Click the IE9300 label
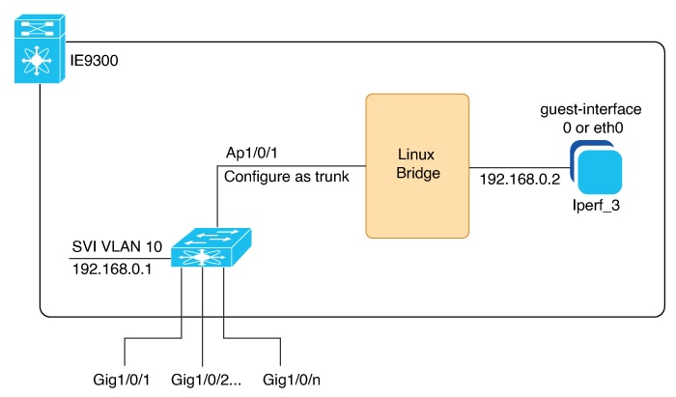94,60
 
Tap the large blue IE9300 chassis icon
40,49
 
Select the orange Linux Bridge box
417,166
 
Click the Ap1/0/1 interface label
252,153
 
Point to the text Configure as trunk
287,177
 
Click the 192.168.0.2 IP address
520,179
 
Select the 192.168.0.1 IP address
112,269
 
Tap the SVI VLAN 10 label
117,246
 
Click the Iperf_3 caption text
596,205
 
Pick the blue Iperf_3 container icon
596,168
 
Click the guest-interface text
591,109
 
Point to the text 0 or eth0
593,128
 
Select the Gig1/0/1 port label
122,380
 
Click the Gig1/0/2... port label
206,380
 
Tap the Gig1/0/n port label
292,380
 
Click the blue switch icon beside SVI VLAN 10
211,247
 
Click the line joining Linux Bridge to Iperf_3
520,168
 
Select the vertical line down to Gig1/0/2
202,317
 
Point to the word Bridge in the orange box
418,173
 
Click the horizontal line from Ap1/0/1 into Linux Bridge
292,166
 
